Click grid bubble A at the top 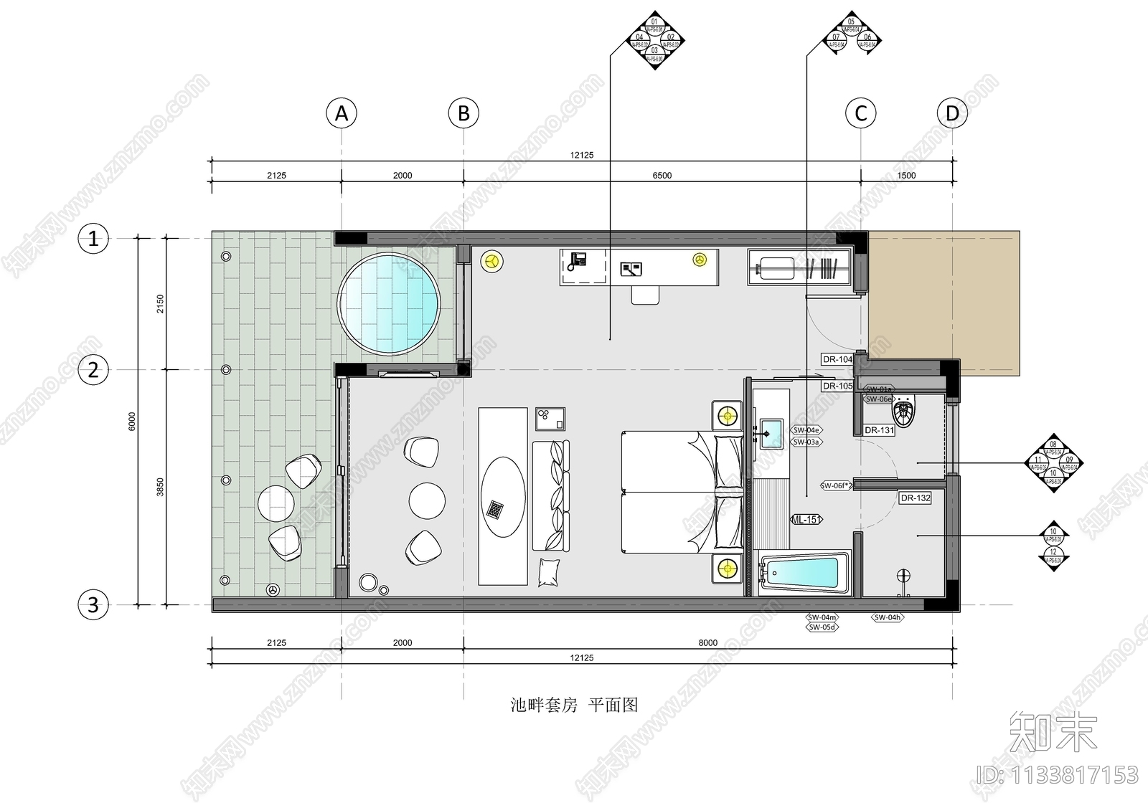[x=342, y=113]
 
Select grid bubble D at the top [x=952, y=113]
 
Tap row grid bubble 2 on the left [x=93, y=371]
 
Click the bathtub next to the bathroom [x=802, y=574]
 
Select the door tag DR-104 [x=837, y=359]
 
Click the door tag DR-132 [x=915, y=498]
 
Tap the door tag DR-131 [x=879, y=430]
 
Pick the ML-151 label [x=806, y=520]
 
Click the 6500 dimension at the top [x=662, y=176]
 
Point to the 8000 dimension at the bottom [x=707, y=643]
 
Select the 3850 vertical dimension [x=161, y=487]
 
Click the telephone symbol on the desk [x=576, y=261]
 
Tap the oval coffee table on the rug [x=502, y=497]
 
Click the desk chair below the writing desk [x=645, y=295]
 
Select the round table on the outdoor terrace [x=276, y=503]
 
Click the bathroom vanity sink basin [x=771, y=433]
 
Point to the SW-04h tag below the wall [x=888, y=617]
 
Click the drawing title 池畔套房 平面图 [x=574, y=705]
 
